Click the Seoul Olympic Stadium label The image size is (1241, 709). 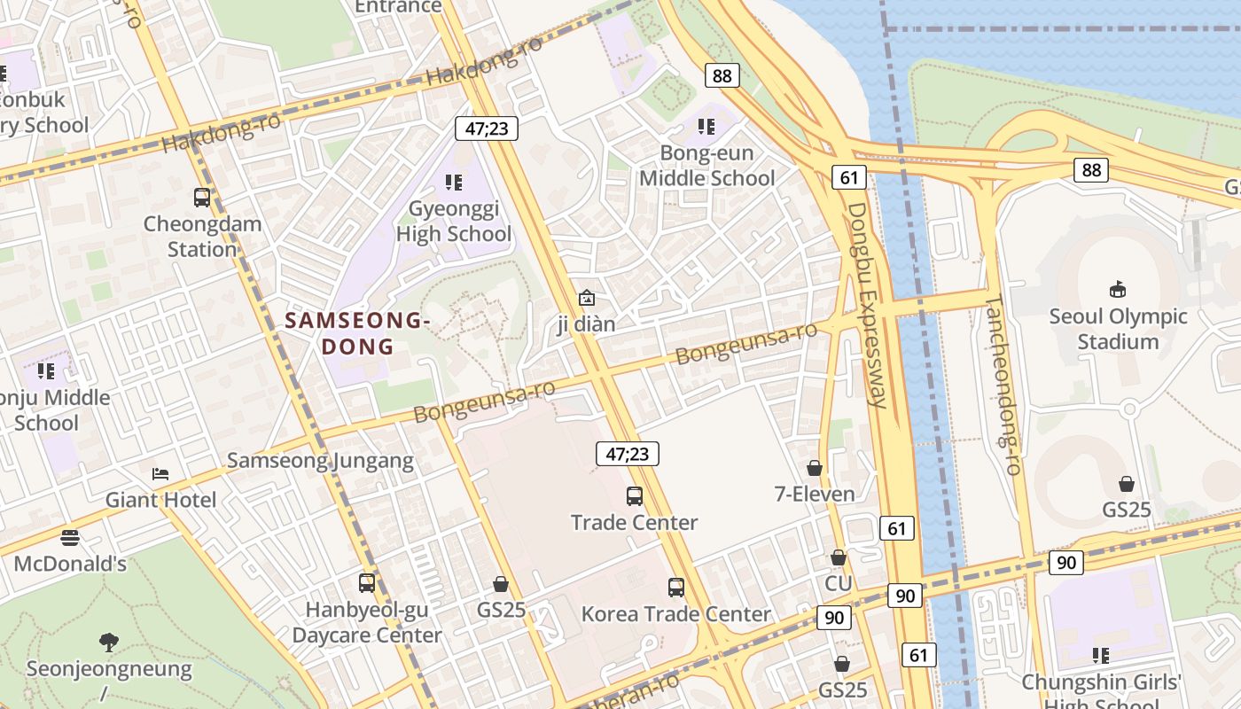[x=1117, y=329]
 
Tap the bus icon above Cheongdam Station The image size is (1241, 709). [x=202, y=197]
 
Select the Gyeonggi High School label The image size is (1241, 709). [x=454, y=222]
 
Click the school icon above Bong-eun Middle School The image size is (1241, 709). [x=706, y=127]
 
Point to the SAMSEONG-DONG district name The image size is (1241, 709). [x=358, y=332]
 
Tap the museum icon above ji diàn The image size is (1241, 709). [x=586, y=298]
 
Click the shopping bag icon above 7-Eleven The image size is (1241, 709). [x=815, y=468]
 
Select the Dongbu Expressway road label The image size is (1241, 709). [x=867, y=306]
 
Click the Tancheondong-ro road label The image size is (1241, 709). [x=1004, y=386]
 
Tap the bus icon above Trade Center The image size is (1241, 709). [x=635, y=496]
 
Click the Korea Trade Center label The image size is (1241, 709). [x=675, y=614]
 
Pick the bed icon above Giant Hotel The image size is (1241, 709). [x=160, y=474]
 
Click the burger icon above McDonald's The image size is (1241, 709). [x=70, y=538]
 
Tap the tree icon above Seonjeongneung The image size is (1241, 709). [x=109, y=642]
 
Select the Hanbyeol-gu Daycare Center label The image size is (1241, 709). [x=366, y=623]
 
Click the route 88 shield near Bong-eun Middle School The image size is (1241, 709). [x=722, y=75]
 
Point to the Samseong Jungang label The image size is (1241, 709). [x=320, y=461]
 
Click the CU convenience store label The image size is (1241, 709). [x=838, y=583]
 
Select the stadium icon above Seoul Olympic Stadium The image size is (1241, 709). [x=1117, y=289]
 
